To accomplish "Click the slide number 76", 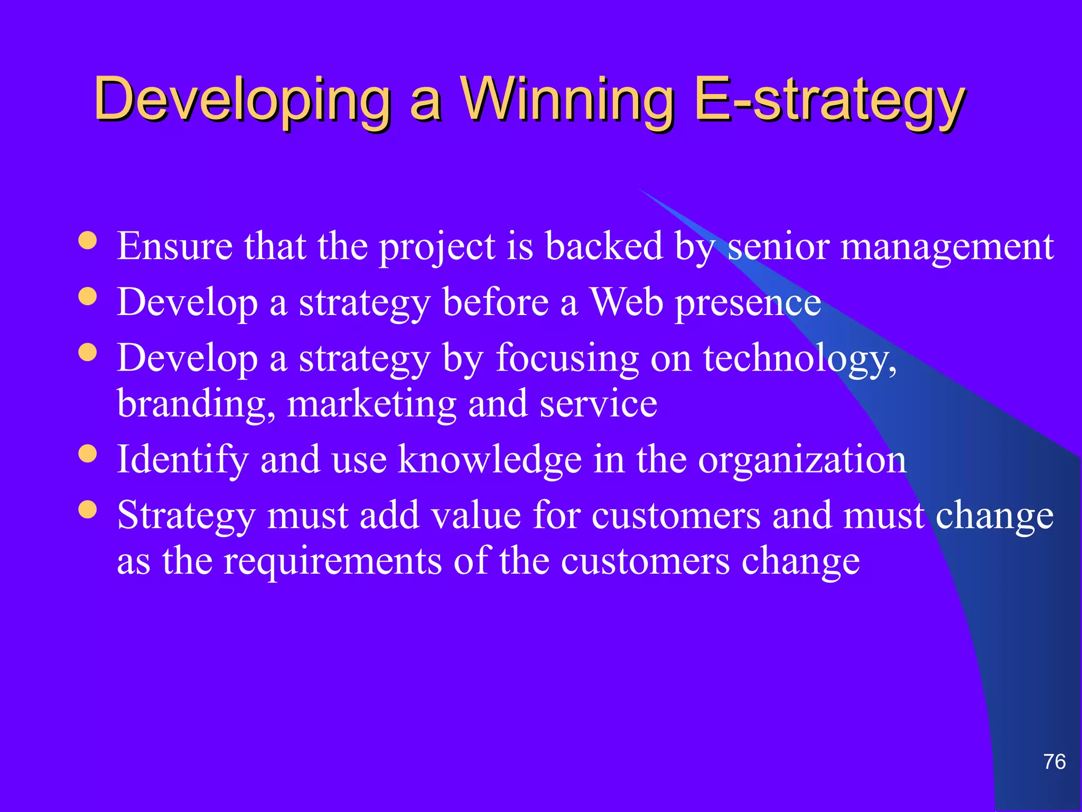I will (x=1054, y=762).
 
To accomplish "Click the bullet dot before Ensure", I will (x=88, y=241).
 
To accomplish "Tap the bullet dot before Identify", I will (x=88, y=453).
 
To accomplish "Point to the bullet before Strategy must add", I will (x=88, y=509).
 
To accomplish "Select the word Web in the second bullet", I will (x=626, y=302).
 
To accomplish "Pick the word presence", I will (x=748, y=303).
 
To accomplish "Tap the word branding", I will (x=195, y=405).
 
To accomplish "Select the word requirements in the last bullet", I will (x=333, y=561).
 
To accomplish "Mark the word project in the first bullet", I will (x=437, y=247).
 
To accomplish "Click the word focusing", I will (x=567, y=359).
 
